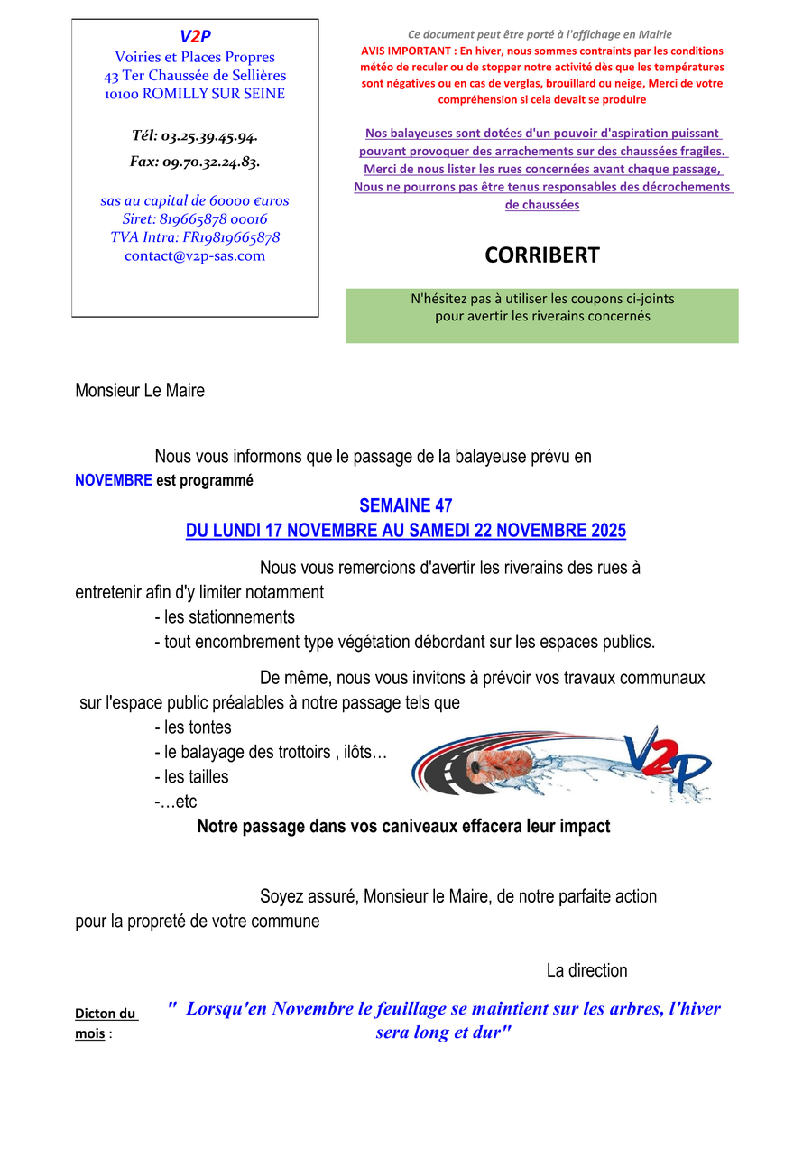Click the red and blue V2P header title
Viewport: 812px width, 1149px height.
195,36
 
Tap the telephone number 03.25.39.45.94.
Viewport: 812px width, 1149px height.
195,136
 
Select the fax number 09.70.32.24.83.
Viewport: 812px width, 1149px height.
195,162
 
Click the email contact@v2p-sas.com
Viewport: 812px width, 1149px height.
195,255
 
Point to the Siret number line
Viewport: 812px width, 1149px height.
195,219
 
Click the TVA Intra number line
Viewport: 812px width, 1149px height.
195,237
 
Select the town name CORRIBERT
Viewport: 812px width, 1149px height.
541,255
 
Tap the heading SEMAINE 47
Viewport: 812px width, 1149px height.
405,505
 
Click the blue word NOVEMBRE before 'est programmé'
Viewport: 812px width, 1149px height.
113,481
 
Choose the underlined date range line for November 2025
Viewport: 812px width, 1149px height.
405,531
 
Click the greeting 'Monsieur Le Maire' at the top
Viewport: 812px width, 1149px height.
140,391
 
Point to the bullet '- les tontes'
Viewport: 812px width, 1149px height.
192,727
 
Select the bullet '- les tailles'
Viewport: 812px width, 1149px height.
191,776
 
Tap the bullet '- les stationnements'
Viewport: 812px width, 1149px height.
224,617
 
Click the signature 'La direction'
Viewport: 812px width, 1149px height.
586,971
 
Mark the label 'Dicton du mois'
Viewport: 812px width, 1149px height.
105,1024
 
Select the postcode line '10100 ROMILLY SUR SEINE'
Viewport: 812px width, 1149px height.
195,94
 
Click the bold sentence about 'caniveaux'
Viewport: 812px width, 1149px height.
403,826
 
